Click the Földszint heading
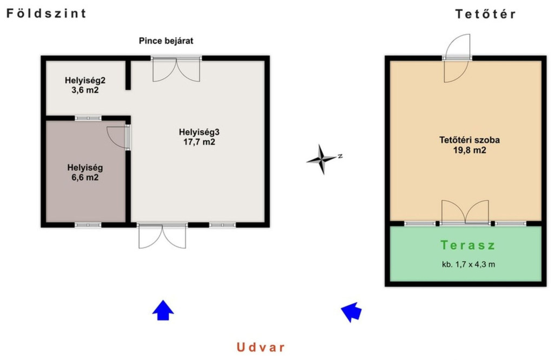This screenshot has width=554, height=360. coord(47,14)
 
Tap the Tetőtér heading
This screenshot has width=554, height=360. coord(485,14)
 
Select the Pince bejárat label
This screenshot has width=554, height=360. coord(166,41)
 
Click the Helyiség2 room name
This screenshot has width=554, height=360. coord(85,80)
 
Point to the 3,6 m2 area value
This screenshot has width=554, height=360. coord(85,90)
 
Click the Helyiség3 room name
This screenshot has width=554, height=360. coord(199,132)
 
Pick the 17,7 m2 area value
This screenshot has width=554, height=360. coord(199,142)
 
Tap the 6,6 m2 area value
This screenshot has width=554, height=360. coord(85,177)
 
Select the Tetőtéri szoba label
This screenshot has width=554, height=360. coord(470,140)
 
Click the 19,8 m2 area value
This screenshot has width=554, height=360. coord(470,150)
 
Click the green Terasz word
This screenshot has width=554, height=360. coord(468,245)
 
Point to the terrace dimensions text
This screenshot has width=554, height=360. coord(469,264)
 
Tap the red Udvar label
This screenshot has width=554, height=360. coord(261,347)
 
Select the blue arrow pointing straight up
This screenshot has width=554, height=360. coord(163,310)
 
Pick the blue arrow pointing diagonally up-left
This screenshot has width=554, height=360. coord(351,311)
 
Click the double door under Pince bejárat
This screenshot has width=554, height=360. coord(176,69)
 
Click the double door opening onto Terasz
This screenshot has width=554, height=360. coord(465,212)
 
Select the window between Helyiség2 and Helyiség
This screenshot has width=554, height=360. coord(88,118)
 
